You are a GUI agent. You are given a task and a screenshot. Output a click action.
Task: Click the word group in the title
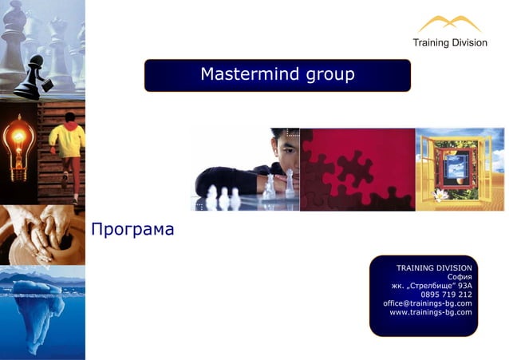(327, 76)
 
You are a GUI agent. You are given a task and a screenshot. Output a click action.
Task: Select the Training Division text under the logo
(449, 43)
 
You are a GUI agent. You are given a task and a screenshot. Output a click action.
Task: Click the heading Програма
(132, 230)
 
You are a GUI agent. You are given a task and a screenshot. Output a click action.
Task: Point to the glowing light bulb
(17, 144)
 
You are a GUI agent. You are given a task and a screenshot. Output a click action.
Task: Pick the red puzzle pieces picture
(357, 169)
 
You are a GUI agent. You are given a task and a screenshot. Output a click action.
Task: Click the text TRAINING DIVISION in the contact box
(434, 268)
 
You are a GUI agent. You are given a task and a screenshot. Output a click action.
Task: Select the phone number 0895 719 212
(446, 295)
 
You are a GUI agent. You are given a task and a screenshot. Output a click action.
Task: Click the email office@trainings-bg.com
(427, 303)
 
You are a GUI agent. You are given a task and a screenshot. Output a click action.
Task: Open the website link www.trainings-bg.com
(430, 312)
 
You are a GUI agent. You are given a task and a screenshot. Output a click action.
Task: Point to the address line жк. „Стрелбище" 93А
(431, 286)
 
